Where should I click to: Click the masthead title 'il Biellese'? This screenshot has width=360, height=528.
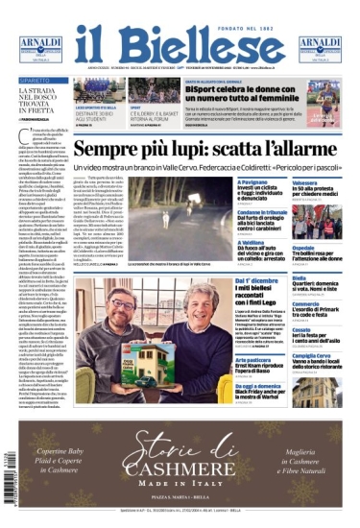(x=180, y=42)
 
